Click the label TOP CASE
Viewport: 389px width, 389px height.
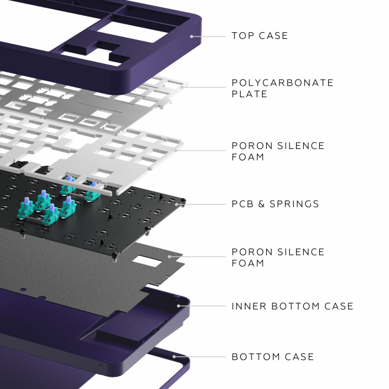260,36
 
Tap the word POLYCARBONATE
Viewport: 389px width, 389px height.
283,83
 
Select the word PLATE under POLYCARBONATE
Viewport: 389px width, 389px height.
249,94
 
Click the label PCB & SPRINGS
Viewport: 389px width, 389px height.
275,204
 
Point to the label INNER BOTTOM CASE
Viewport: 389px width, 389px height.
292,306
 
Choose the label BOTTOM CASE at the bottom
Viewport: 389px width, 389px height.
273,357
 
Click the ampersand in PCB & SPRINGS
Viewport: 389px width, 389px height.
262,204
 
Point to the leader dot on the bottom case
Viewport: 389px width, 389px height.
174,357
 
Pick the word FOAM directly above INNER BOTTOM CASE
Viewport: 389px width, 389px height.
247,263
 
